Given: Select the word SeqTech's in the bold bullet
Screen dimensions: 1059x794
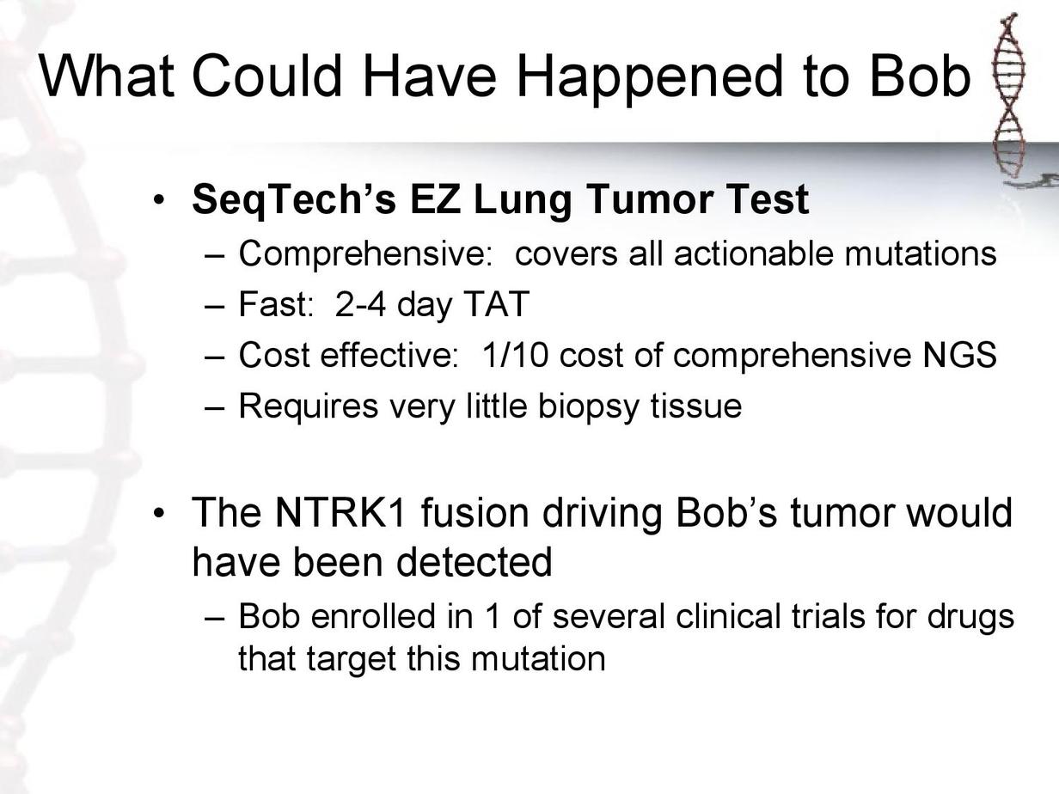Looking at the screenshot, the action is coord(294,200).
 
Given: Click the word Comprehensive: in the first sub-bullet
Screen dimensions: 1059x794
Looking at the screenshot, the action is coord(365,254).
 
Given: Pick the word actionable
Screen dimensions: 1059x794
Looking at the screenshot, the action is coord(753,253).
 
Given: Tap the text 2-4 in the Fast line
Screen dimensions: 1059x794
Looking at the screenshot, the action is coord(360,304).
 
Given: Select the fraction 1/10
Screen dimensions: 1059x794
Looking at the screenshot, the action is coord(515,355).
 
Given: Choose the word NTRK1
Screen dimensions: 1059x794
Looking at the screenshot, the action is coord(340,512).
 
